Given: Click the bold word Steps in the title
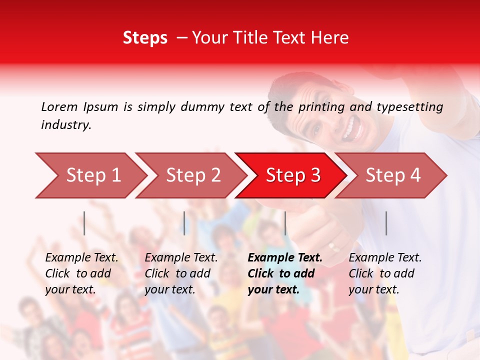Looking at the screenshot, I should coord(145,37).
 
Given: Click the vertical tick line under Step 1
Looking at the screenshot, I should coord(84,223).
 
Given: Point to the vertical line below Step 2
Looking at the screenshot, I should coord(184,223).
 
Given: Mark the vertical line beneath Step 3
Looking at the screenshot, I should coord(285,223).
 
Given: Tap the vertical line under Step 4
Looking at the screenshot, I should coord(386,223).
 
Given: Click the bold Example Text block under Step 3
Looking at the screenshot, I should coord(285,273).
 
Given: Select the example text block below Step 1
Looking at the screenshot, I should coord(81,273).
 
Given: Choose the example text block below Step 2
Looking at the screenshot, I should coord(181,273).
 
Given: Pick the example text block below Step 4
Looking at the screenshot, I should coord(385,273).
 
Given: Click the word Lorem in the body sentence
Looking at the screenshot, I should coord(59,106).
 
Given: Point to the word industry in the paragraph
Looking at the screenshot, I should coord(65,124).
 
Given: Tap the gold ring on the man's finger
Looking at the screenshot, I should coord(333,246).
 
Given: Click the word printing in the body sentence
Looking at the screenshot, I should coord(321,107).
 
